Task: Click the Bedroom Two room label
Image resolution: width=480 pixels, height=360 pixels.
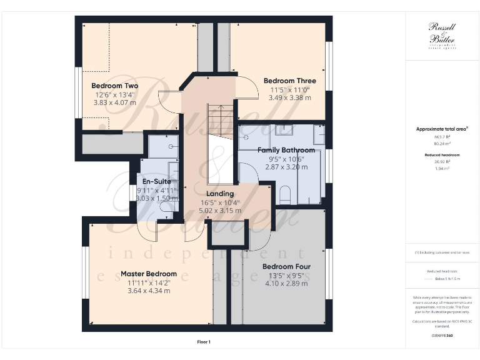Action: (114, 86)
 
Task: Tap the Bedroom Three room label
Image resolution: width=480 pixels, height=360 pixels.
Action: (289, 81)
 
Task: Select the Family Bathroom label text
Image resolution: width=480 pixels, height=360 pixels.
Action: (286, 150)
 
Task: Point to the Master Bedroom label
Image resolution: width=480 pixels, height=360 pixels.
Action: (148, 274)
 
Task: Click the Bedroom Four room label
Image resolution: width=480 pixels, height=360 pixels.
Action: (286, 266)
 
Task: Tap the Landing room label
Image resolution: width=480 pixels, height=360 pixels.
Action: (211, 194)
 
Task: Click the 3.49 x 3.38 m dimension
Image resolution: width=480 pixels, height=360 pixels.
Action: (289, 97)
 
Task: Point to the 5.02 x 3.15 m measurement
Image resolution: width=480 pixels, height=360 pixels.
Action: (211, 211)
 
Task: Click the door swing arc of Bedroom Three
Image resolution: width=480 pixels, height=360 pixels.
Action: (249, 91)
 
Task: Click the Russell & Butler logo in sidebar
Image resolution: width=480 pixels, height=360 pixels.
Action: (441, 34)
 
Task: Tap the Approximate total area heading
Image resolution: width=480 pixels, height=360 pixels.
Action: (442, 129)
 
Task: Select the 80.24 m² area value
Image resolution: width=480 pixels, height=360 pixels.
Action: (442, 142)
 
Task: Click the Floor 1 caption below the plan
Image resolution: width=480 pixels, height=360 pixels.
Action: (203, 342)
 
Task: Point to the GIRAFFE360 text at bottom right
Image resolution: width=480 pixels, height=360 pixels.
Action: (441, 336)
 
